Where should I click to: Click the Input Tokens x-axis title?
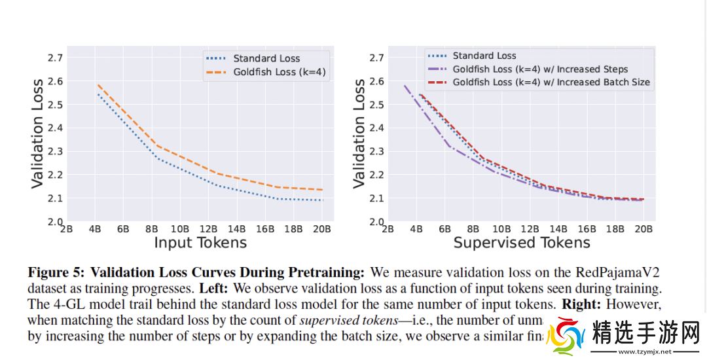[200, 243]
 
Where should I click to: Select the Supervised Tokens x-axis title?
[522, 243]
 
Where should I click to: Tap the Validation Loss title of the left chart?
[38, 134]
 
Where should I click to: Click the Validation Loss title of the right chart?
[359, 134]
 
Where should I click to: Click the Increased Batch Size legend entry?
[551, 82]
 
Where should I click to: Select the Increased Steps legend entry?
[540, 69]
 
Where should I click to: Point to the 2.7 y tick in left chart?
[55, 58]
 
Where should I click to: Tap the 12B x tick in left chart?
[207, 229]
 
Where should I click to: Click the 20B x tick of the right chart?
[643, 229]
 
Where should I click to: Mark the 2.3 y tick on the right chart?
[376, 151]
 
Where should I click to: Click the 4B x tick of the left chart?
[95, 229]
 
